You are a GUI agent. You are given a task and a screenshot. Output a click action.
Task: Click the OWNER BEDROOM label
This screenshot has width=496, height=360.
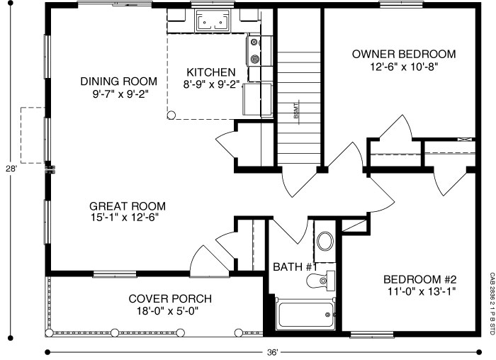point(403,54)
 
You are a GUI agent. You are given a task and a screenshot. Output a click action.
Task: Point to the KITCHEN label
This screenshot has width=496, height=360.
point(210,72)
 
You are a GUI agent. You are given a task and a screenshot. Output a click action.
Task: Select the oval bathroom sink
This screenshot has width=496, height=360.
point(325,242)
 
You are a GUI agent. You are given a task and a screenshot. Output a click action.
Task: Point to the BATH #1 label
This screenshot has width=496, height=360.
point(294,267)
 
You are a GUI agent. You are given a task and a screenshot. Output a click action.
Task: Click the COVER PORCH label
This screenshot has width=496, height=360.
point(160,298)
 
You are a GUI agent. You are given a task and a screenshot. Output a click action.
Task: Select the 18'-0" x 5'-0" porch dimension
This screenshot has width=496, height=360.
point(160,310)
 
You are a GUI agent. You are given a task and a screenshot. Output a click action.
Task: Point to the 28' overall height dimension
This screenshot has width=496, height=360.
point(11,169)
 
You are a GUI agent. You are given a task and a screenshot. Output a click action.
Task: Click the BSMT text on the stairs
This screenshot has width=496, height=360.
point(295,111)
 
